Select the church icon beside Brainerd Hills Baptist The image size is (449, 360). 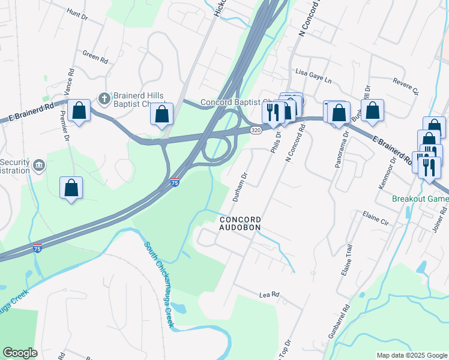pyautogui.click(x=103, y=98)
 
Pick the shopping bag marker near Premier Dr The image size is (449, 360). pyautogui.click(x=71, y=188)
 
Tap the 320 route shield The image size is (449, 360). pyautogui.click(x=256, y=130)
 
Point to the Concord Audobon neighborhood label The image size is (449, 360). pyautogui.click(x=240, y=223)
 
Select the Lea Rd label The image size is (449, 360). pyautogui.click(x=270, y=295)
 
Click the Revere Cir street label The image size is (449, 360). pyautogui.click(x=406, y=86)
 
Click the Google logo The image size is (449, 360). pyautogui.click(x=20, y=353)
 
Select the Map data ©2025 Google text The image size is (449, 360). pyautogui.click(x=411, y=355)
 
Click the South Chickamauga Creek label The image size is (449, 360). pyautogui.click(x=160, y=285)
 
